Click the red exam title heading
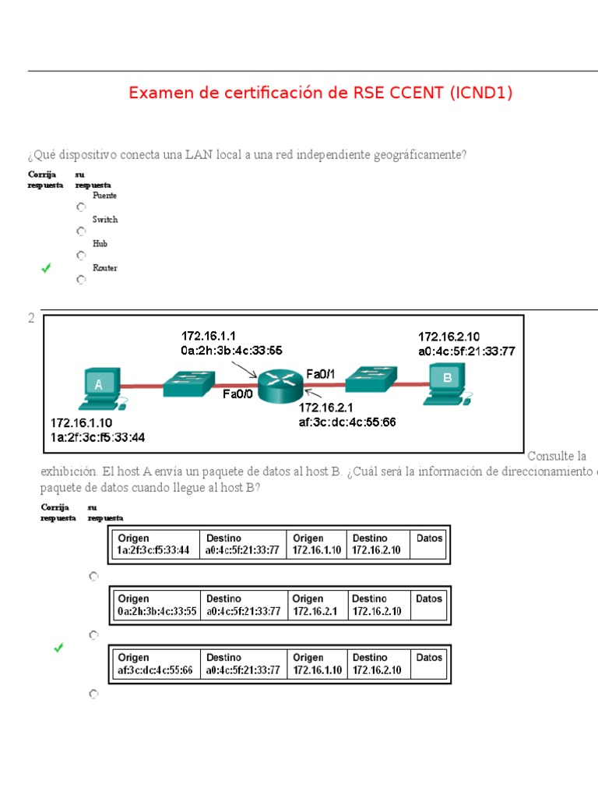[321, 94]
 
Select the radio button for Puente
[81, 207]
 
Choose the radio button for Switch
[81, 231]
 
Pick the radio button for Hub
[81, 256]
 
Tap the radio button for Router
[81, 280]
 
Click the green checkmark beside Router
[47, 268]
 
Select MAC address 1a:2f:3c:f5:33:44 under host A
[97, 437]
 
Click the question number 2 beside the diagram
[31, 319]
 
